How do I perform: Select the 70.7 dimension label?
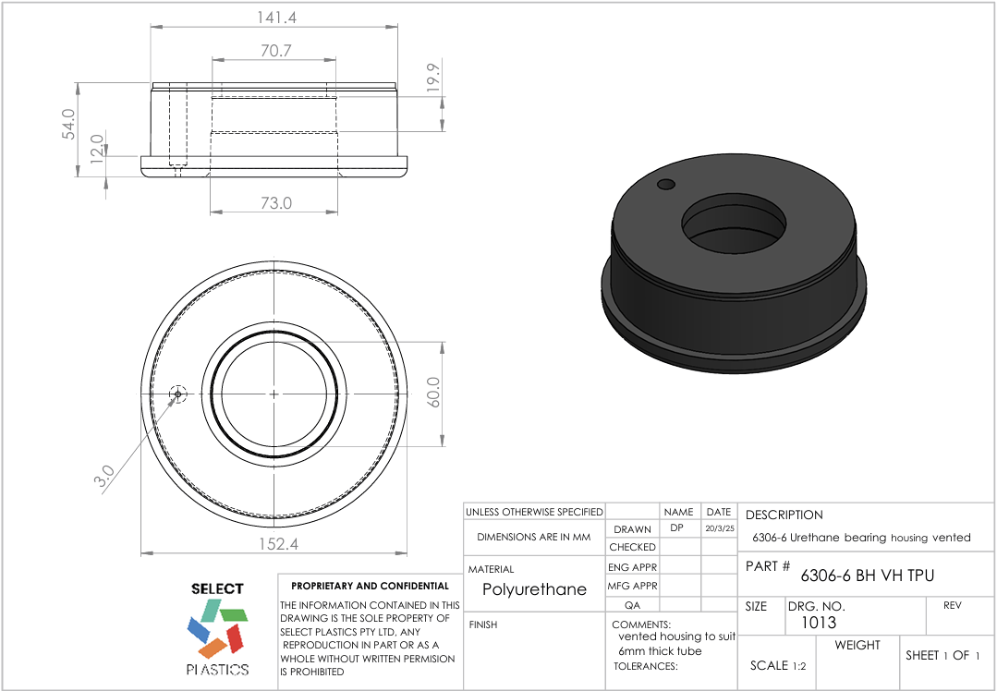[x=275, y=51]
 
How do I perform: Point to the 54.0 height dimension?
[x=68, y=124]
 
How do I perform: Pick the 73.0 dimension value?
[x=275, y=202]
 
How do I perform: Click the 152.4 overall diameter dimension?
[x=275, y=544]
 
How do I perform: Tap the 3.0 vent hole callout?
[x=104, y=475]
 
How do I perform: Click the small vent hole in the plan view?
[x=177, y=394]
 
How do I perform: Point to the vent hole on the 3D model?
[x=666, y=185]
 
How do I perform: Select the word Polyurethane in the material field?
[x=534, y=589]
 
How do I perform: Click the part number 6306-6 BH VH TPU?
[x=867, y=576]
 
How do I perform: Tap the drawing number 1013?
[x=811, y=623]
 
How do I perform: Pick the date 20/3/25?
[x=718, y=529]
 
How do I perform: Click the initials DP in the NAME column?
[x=677, y=528]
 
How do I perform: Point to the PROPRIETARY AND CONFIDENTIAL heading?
[x=370, y=586]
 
